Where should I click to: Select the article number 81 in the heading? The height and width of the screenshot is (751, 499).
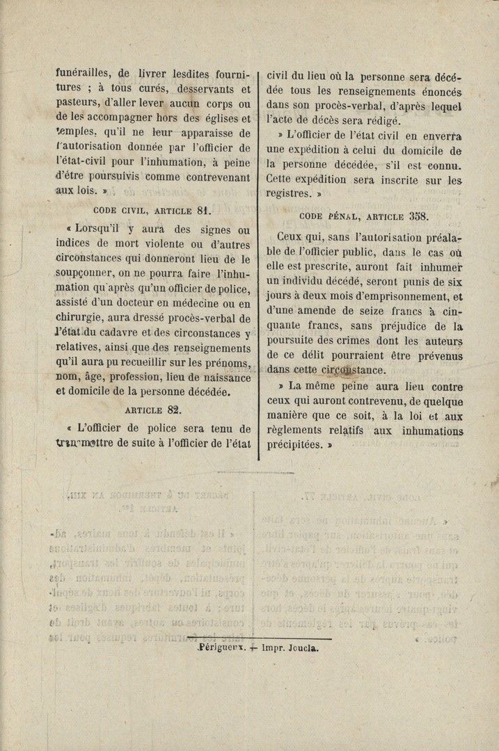203,209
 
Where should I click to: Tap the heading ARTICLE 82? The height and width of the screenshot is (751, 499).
154,410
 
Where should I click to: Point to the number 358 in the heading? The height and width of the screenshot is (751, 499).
420,216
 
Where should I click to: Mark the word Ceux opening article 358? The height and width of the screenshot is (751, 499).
292,237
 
